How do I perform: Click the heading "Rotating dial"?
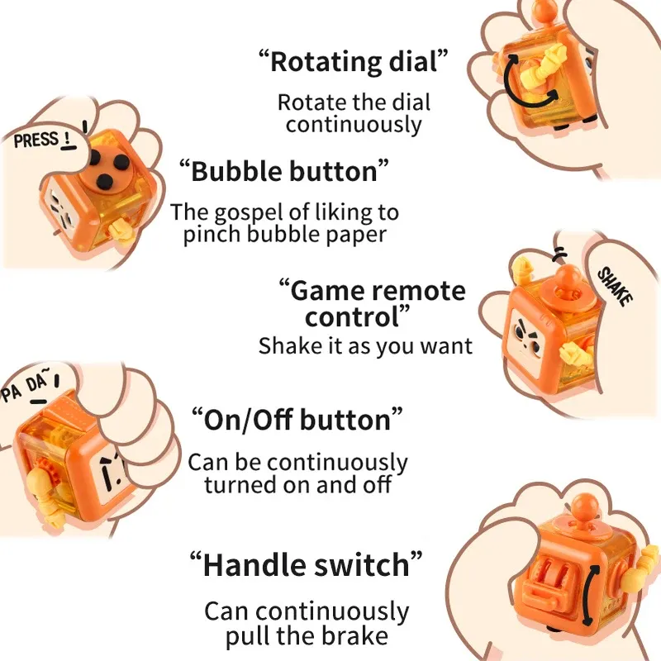pyautogui.click(x=354, y=61)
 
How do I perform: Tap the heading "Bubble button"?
pyautogui.click(x=283, y=171)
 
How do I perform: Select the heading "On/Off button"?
pyautogui.click(x=297, y=420)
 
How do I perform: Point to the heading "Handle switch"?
pyautogui.click(x=306, y=564)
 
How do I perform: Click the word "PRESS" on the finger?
pyautogui.click(x=36, y=140)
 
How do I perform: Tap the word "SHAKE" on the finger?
pyautogui.click(x=616, y=286)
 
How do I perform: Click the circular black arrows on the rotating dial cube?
pyautogui.click(x=530, y=80)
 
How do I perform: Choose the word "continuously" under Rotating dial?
pyautogui.click(x=354, y=125)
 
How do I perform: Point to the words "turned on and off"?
pyautogui.click(x=297, y=485)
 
